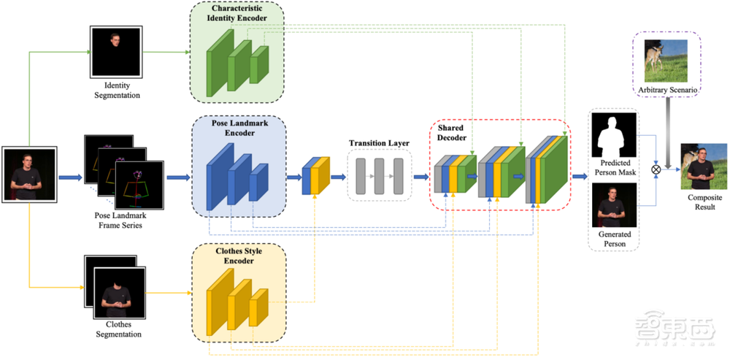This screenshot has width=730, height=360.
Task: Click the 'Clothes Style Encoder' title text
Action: pyautogui.click(x=237, y=258)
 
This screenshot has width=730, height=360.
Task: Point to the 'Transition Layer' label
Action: pyautogui.click(x=379, y=142)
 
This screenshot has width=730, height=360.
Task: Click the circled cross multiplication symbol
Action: pyautogui.click(x=656, y=169)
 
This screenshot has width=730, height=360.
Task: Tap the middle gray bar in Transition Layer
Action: pyautogui.click(x=380, y=176)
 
